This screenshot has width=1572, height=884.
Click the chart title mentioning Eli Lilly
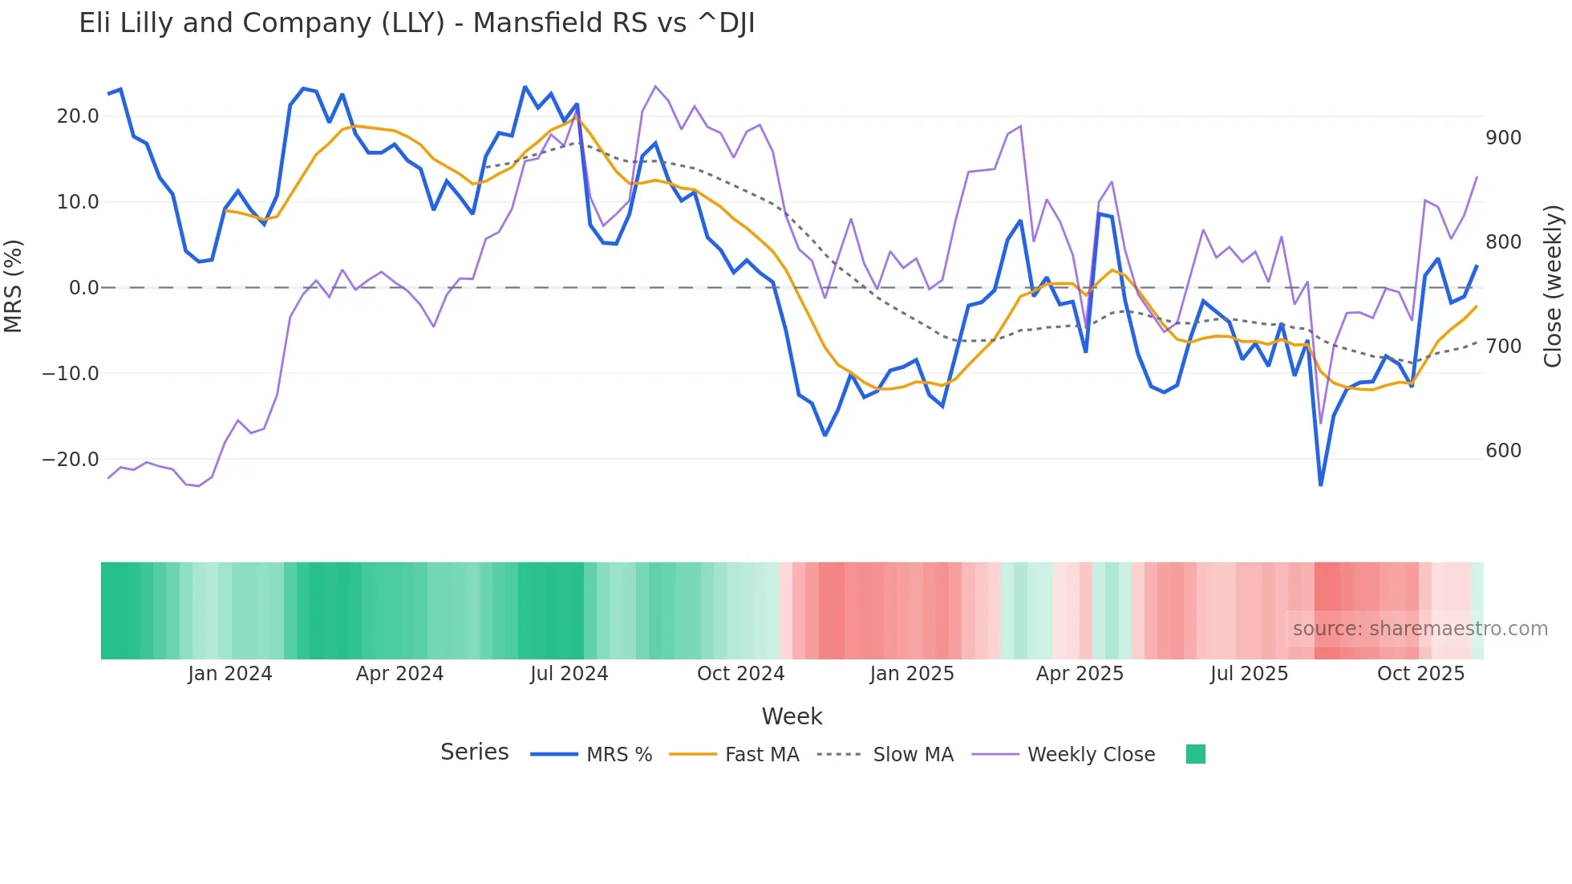pyautogui.click(x=416, y=23)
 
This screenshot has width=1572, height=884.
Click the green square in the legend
pyautogui.click(x=1195, y=754)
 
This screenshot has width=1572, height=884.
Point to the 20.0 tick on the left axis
pyautogui.click(x=78, y=116)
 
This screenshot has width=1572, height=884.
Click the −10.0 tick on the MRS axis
pyautogui.click(x=71, y=374)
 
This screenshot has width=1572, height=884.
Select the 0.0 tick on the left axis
pyautogui.click(x=83, y=288)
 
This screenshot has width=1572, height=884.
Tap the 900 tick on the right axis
pyautogui.click(x=1503, y=138)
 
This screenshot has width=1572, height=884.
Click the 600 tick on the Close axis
pyautogui.click(x=1503, y=451)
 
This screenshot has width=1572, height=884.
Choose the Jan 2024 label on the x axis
pyautogui.click(x=230, y=674)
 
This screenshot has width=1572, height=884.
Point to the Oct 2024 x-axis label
pyautogui.click(x=740, y=674)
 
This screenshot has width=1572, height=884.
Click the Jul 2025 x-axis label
pyautogui.click(x=1249, y=674)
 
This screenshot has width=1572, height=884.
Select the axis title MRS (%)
pyautogui.click(x=14, y=286)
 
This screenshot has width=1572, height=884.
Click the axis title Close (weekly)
pyautogui.click(x=1553, y=286)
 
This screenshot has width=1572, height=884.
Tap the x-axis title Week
pyautogui.click(x=792, y=716)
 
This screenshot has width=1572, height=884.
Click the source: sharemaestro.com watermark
pyautogui.click(x=1420, y=629)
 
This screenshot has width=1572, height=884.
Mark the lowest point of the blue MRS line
pyautogui.click(x=1320, y=485)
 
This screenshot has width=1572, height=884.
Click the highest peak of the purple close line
pyautogui.click(x=655, y=86)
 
